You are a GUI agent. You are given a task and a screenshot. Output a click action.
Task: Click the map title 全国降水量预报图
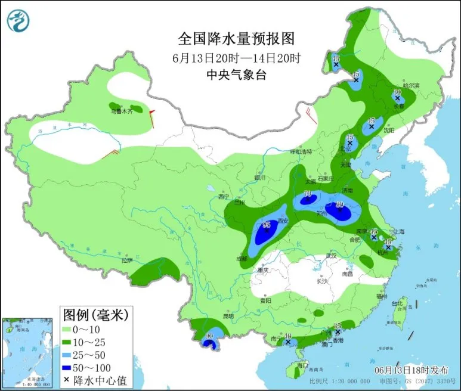[236, 39]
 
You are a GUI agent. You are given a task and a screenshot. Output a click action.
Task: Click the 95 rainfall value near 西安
[267, 224]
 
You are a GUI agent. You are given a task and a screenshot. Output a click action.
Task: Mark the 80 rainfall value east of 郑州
[341, 204]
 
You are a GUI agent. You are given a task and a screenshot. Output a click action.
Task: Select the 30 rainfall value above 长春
[397, 92]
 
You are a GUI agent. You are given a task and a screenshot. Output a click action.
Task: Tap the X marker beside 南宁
[287, 343]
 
